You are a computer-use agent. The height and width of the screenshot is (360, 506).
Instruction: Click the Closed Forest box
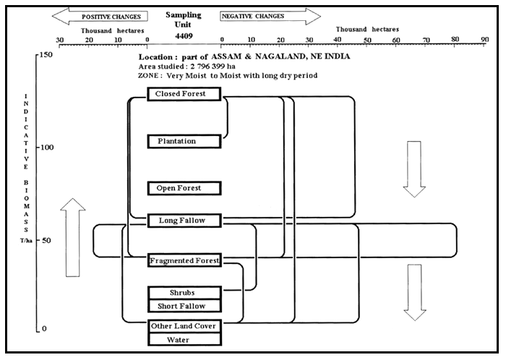click(x=181, y=94)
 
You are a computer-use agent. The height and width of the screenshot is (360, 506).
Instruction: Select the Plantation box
click(x=177, y=141)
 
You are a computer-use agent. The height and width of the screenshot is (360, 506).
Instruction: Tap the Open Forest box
click(x=179, y=188)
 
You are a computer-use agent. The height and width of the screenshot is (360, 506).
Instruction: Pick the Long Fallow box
click(x=181, y=220)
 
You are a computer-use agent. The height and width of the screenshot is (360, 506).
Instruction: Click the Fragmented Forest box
click(x=184, y=260)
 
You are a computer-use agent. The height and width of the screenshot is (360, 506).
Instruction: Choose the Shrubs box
click(x=182, y=293)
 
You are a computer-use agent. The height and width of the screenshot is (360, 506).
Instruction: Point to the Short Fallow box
click(x=182, y=306)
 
